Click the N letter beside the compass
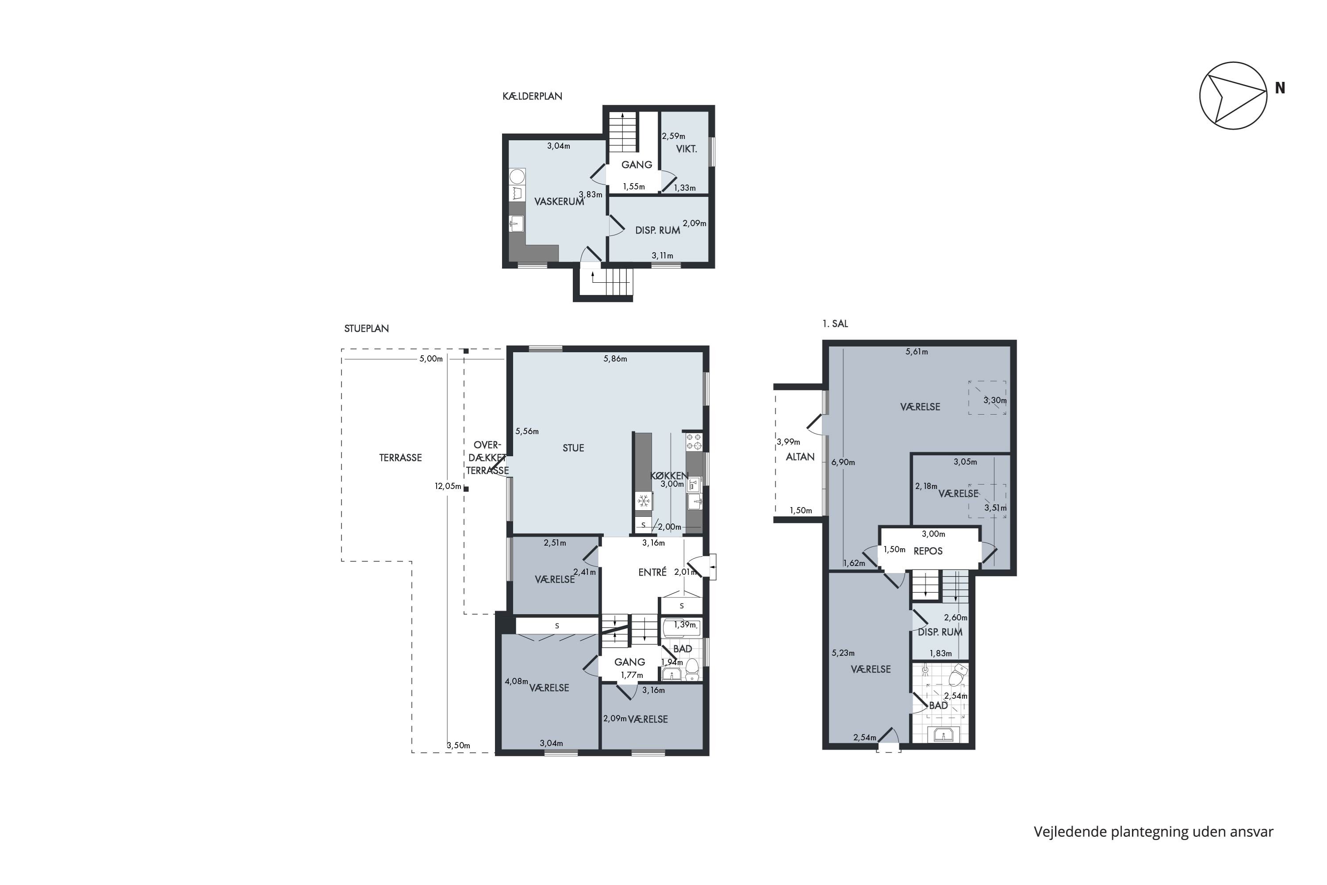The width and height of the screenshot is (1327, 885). tap(1280, 88)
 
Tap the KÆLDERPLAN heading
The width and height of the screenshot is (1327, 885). tap(532, 96)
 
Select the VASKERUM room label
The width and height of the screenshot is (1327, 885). tap(559, 201)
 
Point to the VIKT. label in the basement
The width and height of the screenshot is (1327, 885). tap(687, 149)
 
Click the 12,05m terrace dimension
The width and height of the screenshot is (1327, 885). tap(448, 486)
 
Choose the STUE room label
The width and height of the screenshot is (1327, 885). tap(573, 448)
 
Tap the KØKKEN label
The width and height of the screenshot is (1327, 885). tap(669, 476)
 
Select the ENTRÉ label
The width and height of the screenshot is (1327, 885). tap(652, 572)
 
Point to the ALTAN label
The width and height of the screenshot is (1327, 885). tap(800, 457)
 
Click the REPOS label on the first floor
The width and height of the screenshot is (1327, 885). tap(928, 551)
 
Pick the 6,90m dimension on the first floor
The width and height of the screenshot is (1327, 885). tap(843, 462)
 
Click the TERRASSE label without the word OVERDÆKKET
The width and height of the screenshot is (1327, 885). tap(401, 458)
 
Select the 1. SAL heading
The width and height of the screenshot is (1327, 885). tap(835, 324)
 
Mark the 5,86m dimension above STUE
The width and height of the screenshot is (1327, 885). tap(615, 358)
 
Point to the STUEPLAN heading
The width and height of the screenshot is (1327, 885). tap(366, 328)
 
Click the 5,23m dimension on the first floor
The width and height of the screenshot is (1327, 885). tap(843, 653)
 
